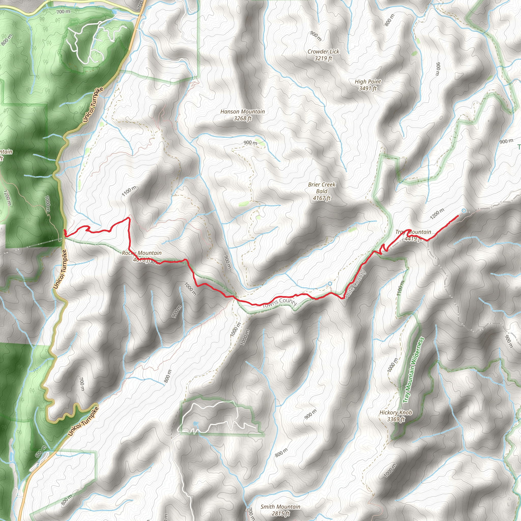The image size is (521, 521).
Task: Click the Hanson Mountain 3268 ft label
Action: (242, 115)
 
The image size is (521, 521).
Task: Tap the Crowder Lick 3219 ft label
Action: (323, 55)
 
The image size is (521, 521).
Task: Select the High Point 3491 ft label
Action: (368, 85)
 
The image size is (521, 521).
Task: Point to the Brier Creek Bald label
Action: (322, 191)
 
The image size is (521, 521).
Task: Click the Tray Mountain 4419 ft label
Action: (413, 235)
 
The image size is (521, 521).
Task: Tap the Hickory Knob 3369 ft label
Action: (396, 416)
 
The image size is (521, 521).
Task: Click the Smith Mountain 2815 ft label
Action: (280, 510)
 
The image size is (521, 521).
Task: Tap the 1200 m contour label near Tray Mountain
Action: (437, 214)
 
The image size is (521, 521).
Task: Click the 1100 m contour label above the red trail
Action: (129, 191)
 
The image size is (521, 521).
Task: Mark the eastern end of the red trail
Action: (458, 216)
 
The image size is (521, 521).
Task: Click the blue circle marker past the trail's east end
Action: (464, 211)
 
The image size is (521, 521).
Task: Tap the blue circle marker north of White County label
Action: (330, 284)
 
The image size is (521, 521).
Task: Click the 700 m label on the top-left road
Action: (63, 12)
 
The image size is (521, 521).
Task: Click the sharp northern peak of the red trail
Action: (129, 218)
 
